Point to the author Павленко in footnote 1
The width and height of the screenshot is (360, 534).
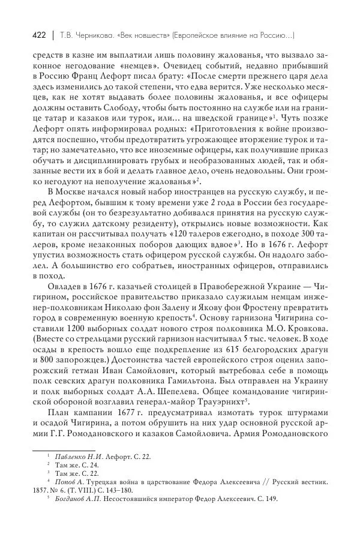tap(70, 457)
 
